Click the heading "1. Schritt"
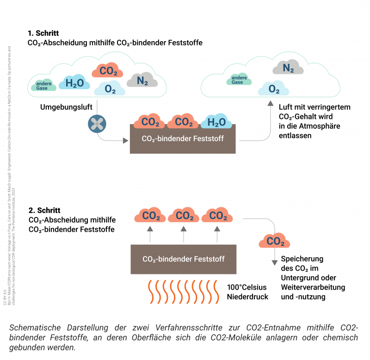tap(43, 33)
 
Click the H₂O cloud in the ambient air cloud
tap(74, 83)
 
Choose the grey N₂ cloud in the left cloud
tap(142, 81)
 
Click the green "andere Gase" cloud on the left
tap(44, 85)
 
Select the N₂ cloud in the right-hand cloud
tap(288, 68)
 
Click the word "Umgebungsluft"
tap(66, 107)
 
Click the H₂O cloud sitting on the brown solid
tap(216, 122)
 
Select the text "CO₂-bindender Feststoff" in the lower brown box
tap(184, 259)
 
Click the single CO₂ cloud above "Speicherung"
tap(275, 241)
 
